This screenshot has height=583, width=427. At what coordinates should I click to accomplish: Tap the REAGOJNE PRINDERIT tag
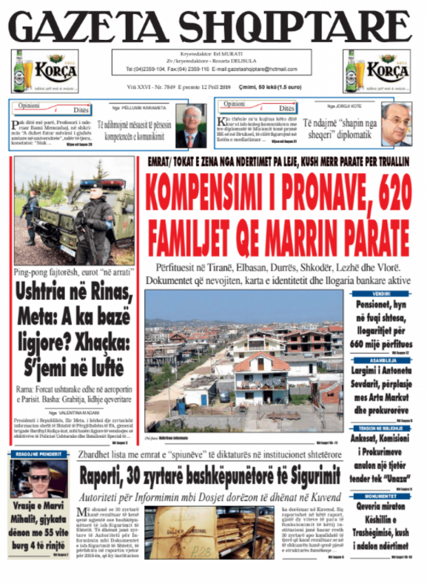click(x=39, y=453)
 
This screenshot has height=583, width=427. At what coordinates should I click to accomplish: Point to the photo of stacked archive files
click(x=210, y=532)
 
